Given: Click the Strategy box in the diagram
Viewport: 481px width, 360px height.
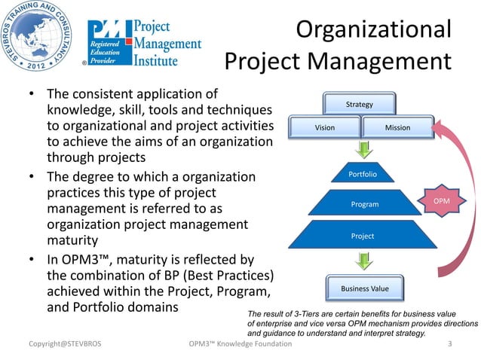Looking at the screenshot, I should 359,104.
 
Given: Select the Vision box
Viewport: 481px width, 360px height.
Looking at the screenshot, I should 325,127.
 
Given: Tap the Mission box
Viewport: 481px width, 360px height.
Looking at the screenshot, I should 397,127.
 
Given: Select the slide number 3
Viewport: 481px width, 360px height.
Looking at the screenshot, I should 449,345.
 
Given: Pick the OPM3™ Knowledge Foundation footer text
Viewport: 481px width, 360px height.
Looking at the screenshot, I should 240,345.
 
